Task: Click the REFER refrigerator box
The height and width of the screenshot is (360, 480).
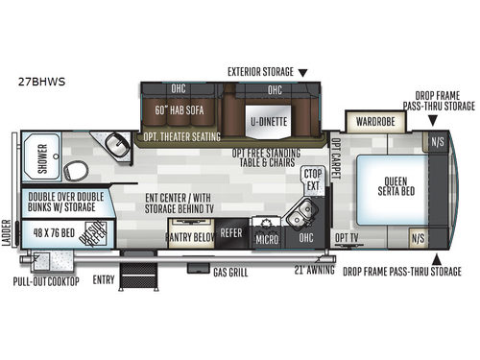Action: pyautogui.click(x=230, y=232)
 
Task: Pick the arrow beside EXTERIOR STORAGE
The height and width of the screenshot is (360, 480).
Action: pyautogui.click(x=303, y=72)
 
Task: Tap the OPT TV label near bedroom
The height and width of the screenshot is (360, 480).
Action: pyautogui.click(x=347, y=234)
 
